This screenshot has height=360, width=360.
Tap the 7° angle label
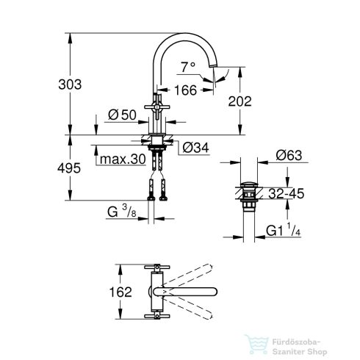(188, 66)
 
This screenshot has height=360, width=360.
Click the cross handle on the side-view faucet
(156, 107)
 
